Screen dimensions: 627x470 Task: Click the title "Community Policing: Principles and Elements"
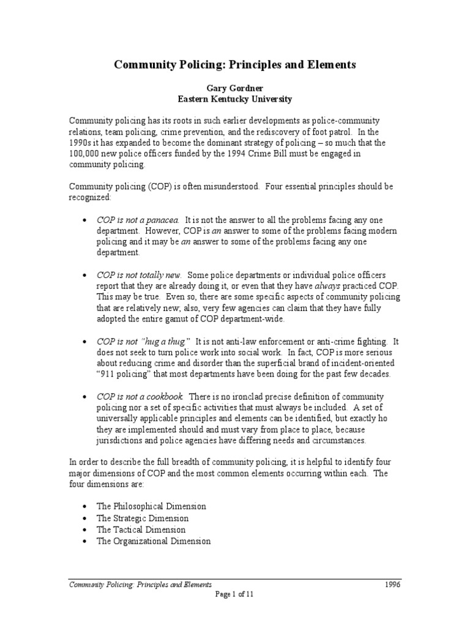[234, 64]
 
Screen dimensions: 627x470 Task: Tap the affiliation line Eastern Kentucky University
[234, 99]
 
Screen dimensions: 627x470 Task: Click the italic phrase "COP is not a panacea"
[138, 219]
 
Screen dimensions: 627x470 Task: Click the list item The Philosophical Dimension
[151, 506]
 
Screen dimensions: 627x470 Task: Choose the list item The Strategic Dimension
[143, 518]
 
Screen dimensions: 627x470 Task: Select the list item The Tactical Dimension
[141, 530]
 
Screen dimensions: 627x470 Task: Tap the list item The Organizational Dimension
[154, 541]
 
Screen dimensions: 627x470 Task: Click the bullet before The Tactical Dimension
[83, 530]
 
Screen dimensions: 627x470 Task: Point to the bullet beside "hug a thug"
[83, 341]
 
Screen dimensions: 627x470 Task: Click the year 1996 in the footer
[391, 585]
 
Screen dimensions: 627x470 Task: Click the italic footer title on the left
[140, 585]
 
